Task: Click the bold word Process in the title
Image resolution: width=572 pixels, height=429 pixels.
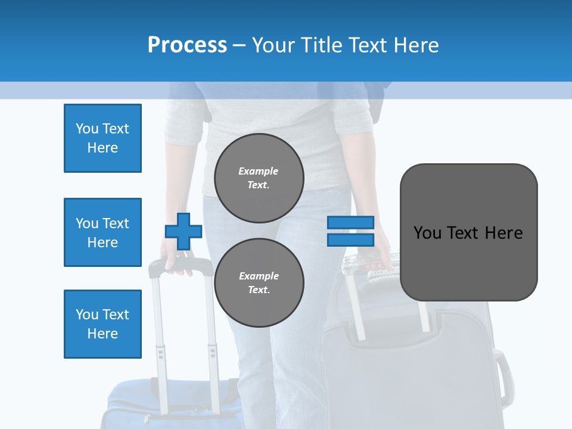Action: [187, 45]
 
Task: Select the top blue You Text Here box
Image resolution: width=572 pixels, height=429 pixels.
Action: [102, 138]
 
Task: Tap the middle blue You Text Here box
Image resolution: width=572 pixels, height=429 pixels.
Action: [102, 232]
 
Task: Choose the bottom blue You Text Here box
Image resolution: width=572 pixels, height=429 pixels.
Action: [102, 324]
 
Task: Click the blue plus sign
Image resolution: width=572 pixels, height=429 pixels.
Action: [184, 231]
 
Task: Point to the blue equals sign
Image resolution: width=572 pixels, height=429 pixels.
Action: [350, 231]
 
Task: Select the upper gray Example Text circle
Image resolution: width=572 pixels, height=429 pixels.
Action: [259, 178]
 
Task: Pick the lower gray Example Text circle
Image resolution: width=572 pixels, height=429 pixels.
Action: [259, 282]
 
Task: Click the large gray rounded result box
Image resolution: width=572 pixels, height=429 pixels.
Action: [468, 232]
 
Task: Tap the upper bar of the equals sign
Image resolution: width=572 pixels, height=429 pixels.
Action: [350, 223]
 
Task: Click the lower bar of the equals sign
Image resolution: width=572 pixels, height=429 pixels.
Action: [350, 240]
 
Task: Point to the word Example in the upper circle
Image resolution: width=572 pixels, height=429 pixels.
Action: [259, 171]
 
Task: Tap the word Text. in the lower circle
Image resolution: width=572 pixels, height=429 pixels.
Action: [259, 290]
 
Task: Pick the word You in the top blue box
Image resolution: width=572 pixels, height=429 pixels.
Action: [87, 129]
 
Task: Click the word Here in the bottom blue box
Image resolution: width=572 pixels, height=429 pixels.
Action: [102, 334]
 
